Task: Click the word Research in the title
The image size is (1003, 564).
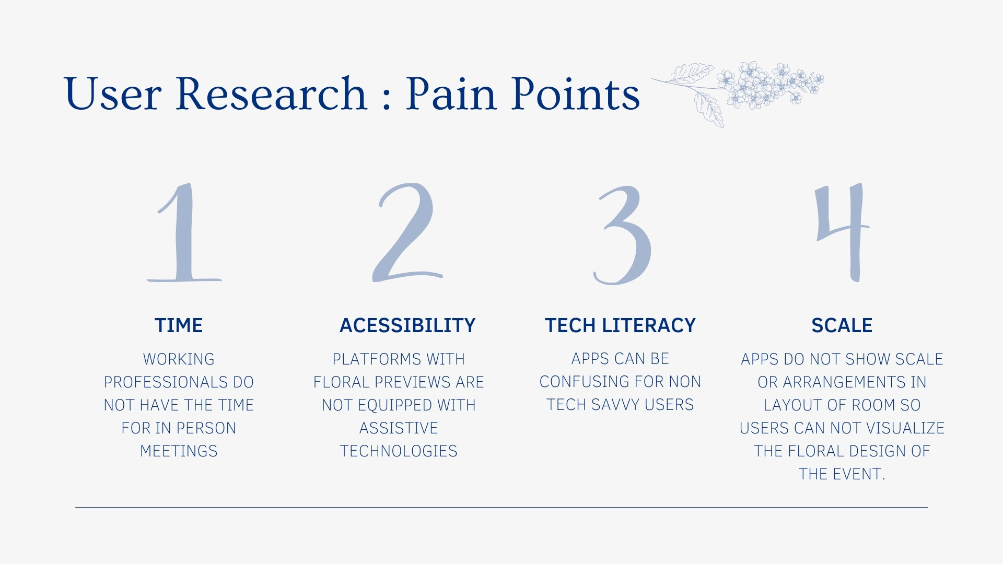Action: [x=271, y=93]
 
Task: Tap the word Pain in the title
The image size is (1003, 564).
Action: [x=451, y=93]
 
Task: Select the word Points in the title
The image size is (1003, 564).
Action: [x=576, y=93]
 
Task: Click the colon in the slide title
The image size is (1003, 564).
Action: [x=387, y=99]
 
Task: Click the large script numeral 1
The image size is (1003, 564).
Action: [x=184, y=232]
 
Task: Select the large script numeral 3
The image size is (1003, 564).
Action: [x=622, y=235]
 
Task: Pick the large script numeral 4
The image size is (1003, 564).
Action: [x=842, y=232]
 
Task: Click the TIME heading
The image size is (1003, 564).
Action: [x=179, y=325]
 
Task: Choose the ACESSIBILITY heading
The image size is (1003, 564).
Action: [x=407, y=325]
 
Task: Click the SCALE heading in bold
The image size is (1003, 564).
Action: [x=842, y=325]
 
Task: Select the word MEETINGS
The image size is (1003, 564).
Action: [x=179, y=451]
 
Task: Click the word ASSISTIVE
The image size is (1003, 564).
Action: [x=399, y=428]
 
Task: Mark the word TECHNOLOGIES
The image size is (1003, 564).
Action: [x=399, y=451]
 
